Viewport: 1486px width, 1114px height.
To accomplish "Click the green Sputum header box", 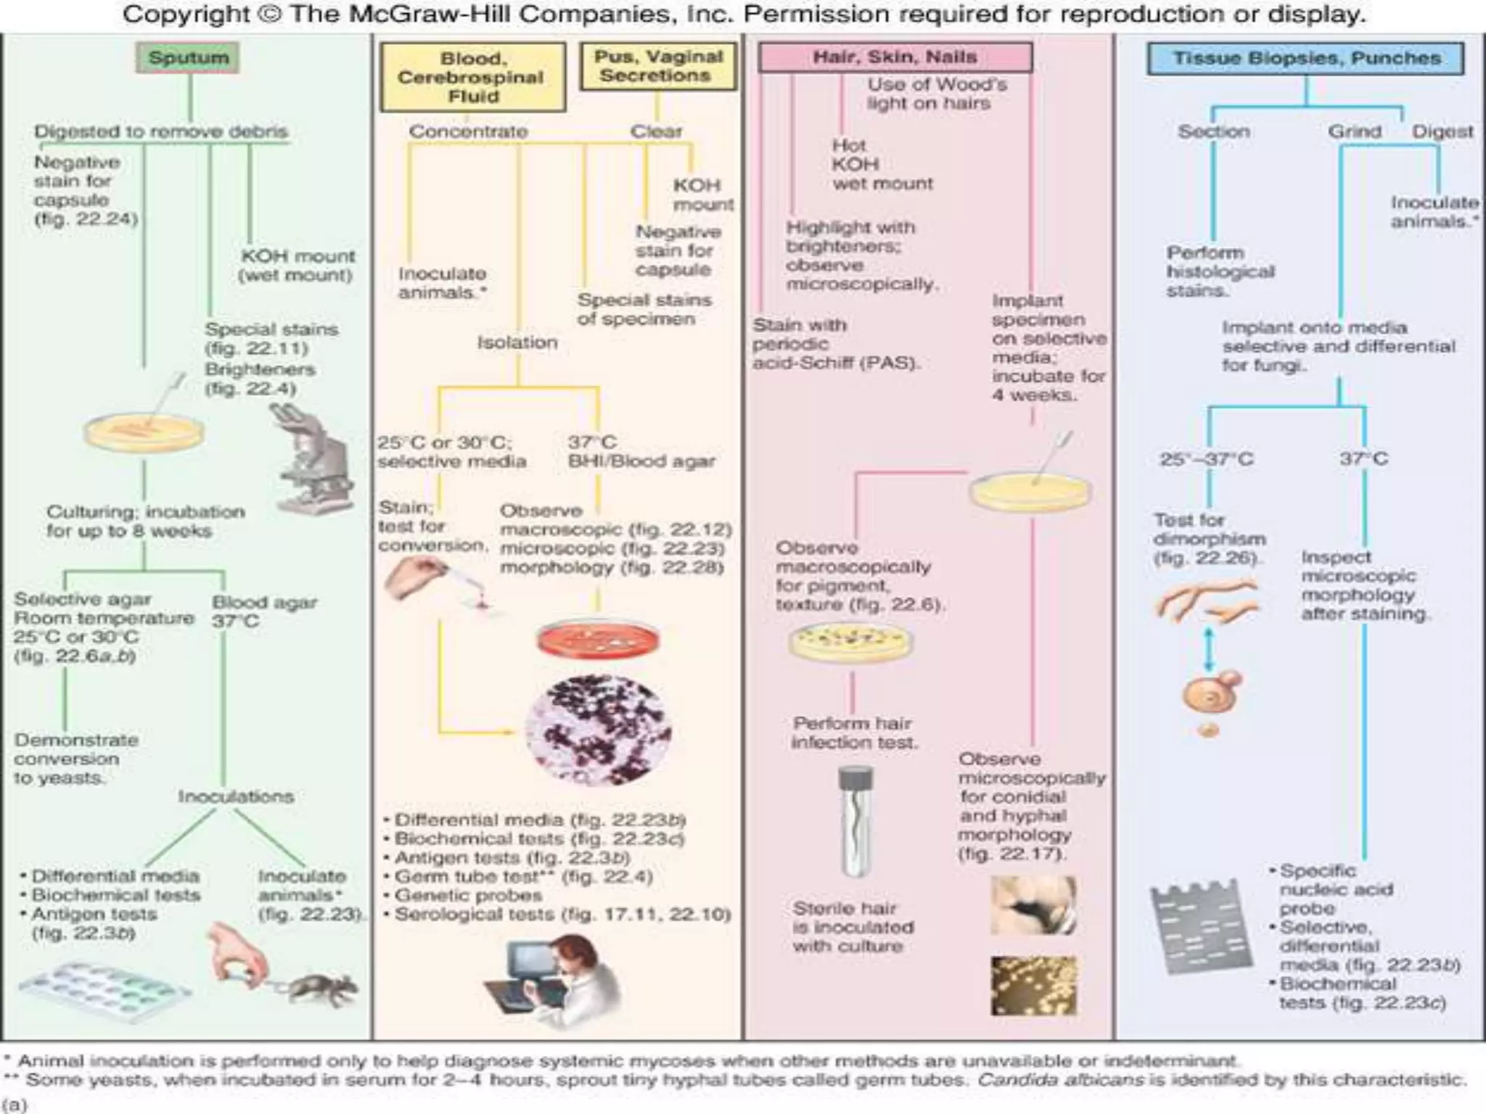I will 188,57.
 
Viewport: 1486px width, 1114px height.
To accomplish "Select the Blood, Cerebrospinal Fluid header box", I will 472,77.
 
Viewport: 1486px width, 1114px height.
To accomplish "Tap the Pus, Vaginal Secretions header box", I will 658,66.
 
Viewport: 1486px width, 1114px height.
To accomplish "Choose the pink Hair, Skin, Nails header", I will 894,57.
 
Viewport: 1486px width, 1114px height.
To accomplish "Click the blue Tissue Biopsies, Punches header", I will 1305,58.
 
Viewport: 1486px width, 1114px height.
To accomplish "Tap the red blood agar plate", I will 599,638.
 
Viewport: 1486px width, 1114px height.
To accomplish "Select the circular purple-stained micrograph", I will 598,731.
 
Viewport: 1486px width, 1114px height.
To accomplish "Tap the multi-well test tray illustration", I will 105,990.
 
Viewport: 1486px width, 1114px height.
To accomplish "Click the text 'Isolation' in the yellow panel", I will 517,342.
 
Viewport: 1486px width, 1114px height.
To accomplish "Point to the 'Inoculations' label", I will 236,796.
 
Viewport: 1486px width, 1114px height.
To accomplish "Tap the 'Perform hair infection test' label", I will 853,733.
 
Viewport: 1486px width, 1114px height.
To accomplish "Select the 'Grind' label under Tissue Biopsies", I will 1354,131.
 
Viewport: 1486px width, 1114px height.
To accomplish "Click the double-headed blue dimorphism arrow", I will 1208,649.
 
